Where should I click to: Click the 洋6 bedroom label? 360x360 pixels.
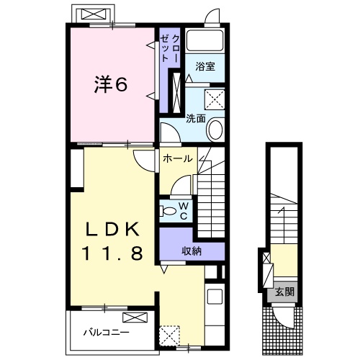pos(111,84)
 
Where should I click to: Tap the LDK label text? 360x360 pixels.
pos(112,229)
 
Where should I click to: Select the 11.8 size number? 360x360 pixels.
pos(112,253)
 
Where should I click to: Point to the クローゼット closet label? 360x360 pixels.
pos(170,48)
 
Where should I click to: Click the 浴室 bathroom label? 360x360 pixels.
pos(205,66)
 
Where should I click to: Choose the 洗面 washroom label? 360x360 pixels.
pos(196,118)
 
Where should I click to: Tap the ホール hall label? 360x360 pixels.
pos(178,158)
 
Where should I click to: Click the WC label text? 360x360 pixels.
pos(184,211)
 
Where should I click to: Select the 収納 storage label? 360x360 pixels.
pos(192,251)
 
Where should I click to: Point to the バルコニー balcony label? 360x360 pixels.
pos(106,333)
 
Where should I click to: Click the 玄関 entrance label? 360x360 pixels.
pos(284,292)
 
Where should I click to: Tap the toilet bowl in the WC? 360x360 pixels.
pos(168,211)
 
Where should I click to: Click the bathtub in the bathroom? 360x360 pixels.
pos(204,40)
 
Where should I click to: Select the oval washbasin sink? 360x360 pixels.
pos(215,130)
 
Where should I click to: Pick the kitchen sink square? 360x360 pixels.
pos(215,297)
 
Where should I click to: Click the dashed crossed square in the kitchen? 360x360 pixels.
pos(170,336)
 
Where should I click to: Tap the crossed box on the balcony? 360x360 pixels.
pos(135,318)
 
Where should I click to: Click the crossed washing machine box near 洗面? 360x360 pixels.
pos(215,99)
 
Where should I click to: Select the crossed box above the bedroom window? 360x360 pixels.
pos(94,14)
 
